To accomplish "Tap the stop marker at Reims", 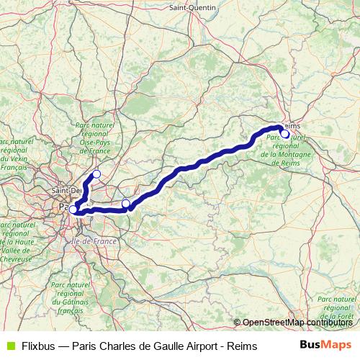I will (x=285, y=134).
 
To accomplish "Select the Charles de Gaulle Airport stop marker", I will (x=96, y=174).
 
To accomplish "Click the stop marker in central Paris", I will (x=73, y=210).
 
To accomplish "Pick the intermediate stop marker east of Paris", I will (x=126, y=203).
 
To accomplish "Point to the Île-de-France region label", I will (x=95, y=242).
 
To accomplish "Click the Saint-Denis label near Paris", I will (x=65, y=190).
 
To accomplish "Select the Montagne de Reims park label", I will (x=286, y=150).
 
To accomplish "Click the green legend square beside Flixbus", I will (x=9, y=346).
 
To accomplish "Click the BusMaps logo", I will (x=325, y=346).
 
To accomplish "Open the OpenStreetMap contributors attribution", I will (x=296, y=322).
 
